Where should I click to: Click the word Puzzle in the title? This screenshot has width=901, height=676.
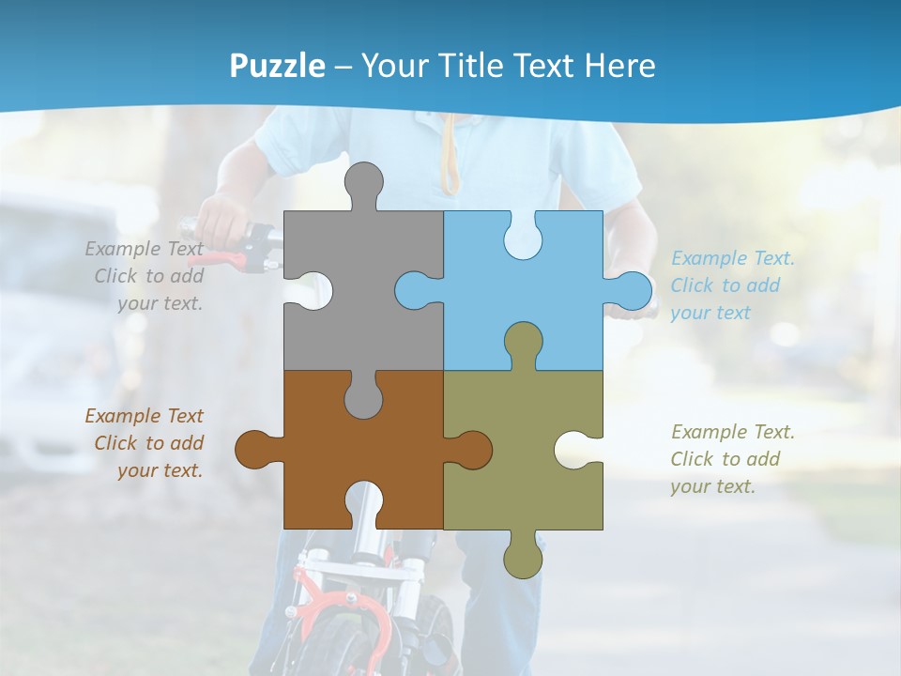[x=278, y=66]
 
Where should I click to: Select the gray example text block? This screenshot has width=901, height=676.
[x=146, y=276]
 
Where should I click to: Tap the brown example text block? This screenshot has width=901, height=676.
[x=146, y=443]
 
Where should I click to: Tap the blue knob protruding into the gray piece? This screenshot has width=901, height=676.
[x=414, y=290]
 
